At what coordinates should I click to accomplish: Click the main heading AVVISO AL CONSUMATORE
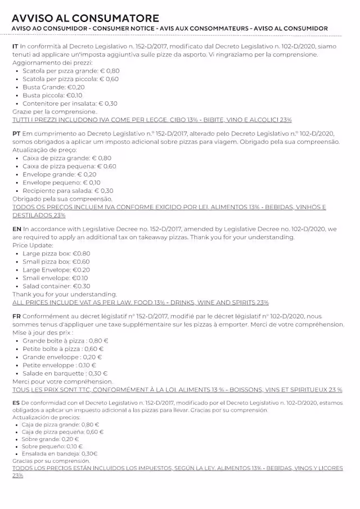click(x=85, y=18)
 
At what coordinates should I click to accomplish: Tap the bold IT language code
click(x=15, y=47)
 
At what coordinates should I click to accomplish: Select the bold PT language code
click(x=16, y=134)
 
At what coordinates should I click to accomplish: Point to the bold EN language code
click(x=16, y=229)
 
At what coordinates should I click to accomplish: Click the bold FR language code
click(x=16, y=317)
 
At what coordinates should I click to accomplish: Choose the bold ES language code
click(x=15, y=403)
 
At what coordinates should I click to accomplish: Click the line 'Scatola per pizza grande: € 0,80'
click(x=71, y=71)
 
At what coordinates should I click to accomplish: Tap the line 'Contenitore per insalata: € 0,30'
click(x=70, y=103)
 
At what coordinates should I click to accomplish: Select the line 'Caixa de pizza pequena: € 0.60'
click(x=69, y=166)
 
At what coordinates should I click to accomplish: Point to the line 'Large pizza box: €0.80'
click(x=56, y=254)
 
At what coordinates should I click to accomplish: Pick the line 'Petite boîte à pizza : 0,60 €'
click(x=63, y=349)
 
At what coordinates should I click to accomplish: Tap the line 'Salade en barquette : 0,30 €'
click(x=65, y=373)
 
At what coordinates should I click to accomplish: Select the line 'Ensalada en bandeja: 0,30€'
click(x=60, y=453)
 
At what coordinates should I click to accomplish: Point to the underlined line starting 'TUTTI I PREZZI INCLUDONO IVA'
click(x=152, y=120)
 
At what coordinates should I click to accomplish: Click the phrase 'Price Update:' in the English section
click(x=33, y=245)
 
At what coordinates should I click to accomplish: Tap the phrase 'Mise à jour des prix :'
click(x=42, y=332)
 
